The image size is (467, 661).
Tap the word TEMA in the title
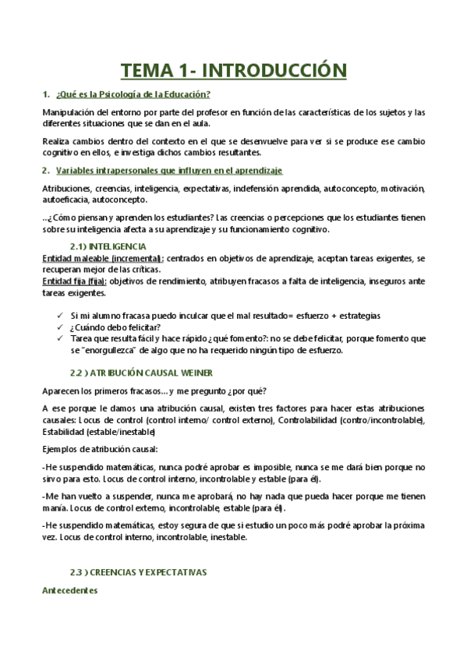pos(148,71)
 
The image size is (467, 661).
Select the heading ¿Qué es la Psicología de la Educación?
pos(133,94)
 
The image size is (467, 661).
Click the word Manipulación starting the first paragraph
pos(68,112)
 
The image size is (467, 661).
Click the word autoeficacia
pos(65,200)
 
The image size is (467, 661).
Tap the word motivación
pos(401,189)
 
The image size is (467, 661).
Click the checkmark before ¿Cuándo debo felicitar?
pos(62,327)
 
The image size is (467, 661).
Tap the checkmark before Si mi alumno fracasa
pos(62,315)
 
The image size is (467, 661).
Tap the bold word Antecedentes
pos(69,591)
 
